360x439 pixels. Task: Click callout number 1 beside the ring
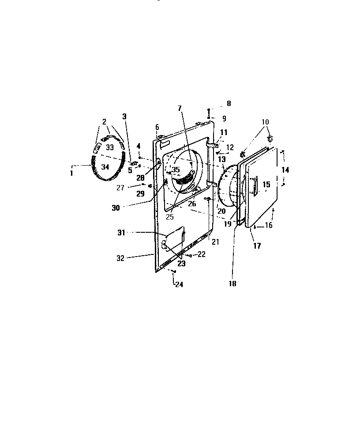71,174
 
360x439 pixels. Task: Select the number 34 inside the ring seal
105,167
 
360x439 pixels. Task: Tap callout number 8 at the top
229,103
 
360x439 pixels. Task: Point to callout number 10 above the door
265,121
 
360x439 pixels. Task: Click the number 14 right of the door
286,170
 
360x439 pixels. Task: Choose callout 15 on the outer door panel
266,184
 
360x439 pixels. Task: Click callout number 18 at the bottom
232,284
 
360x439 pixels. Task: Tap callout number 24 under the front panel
179,284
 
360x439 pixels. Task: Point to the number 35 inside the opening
176,170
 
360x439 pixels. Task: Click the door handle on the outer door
255,185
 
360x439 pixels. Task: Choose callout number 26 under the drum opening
192,204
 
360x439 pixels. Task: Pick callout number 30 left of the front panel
116,208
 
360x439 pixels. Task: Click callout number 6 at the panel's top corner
157,127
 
